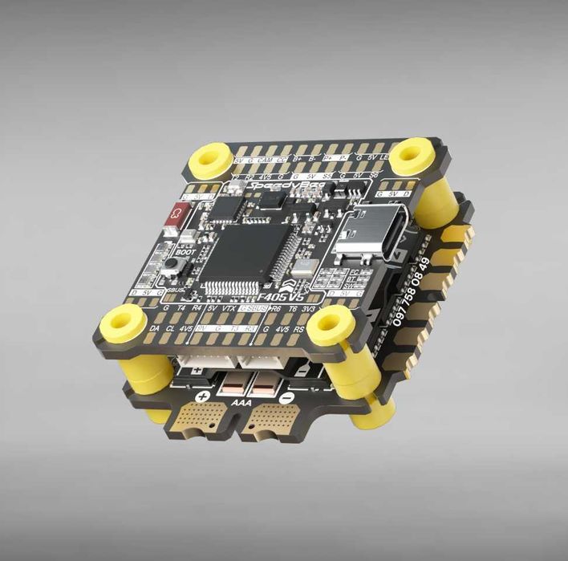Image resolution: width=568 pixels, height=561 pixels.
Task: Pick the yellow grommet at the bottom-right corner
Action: click(x=331, y=324)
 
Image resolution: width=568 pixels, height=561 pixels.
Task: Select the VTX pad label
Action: click(x=229, y=308)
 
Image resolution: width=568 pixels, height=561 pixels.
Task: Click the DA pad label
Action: click(x=155, y=329)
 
